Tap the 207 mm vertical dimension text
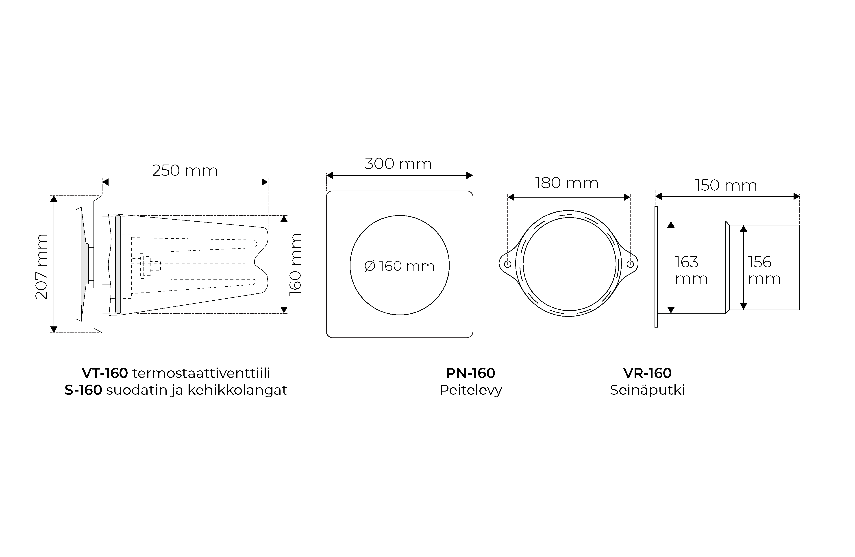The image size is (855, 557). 42,266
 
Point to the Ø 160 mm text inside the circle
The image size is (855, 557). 400,266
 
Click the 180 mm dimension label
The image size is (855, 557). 567,183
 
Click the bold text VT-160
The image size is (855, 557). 105,373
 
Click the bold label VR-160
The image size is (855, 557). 647,373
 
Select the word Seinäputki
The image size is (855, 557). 647,390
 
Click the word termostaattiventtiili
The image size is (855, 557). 201,373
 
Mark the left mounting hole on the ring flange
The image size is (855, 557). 508,264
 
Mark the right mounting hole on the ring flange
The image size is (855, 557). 630,264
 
